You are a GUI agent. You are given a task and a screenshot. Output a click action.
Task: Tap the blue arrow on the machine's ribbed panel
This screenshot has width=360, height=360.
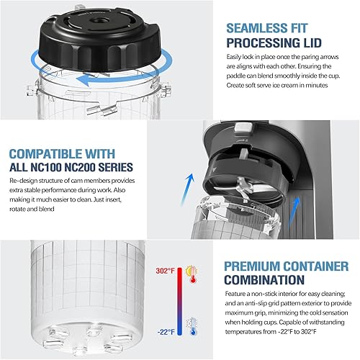click(294, 208)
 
